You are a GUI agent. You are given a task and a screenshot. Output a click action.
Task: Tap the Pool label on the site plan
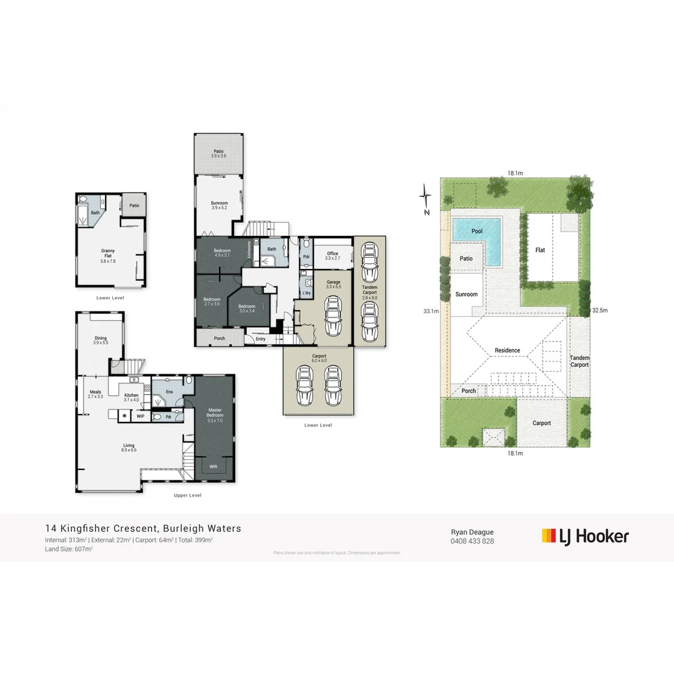tap(477, 232)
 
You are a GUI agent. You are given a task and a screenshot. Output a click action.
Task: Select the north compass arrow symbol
tap(425, 199)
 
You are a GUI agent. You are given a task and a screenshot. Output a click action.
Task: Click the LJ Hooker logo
tap(585, 536)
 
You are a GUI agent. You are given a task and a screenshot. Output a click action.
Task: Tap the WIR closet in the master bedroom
tap(214, 466)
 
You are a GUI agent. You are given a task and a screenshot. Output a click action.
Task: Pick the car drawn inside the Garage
tap(333, 316)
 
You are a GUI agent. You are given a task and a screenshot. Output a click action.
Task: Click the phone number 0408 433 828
tap(472, 541)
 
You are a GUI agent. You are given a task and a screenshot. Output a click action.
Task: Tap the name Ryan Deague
tap(472, 532)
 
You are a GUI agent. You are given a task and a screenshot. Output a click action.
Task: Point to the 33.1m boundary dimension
tap(431, 311)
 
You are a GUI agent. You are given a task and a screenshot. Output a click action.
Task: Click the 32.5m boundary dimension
tap(599, 310)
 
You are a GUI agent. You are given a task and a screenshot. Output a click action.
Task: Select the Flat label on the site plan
tap(540, 250)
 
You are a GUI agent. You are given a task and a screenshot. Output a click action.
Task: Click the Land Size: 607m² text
tap(69, 549)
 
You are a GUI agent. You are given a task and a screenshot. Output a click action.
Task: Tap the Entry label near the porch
tap(260, 339)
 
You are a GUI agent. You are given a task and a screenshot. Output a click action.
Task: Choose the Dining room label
tap(100, 340)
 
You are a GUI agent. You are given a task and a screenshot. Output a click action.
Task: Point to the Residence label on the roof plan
tap(507, 351)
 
